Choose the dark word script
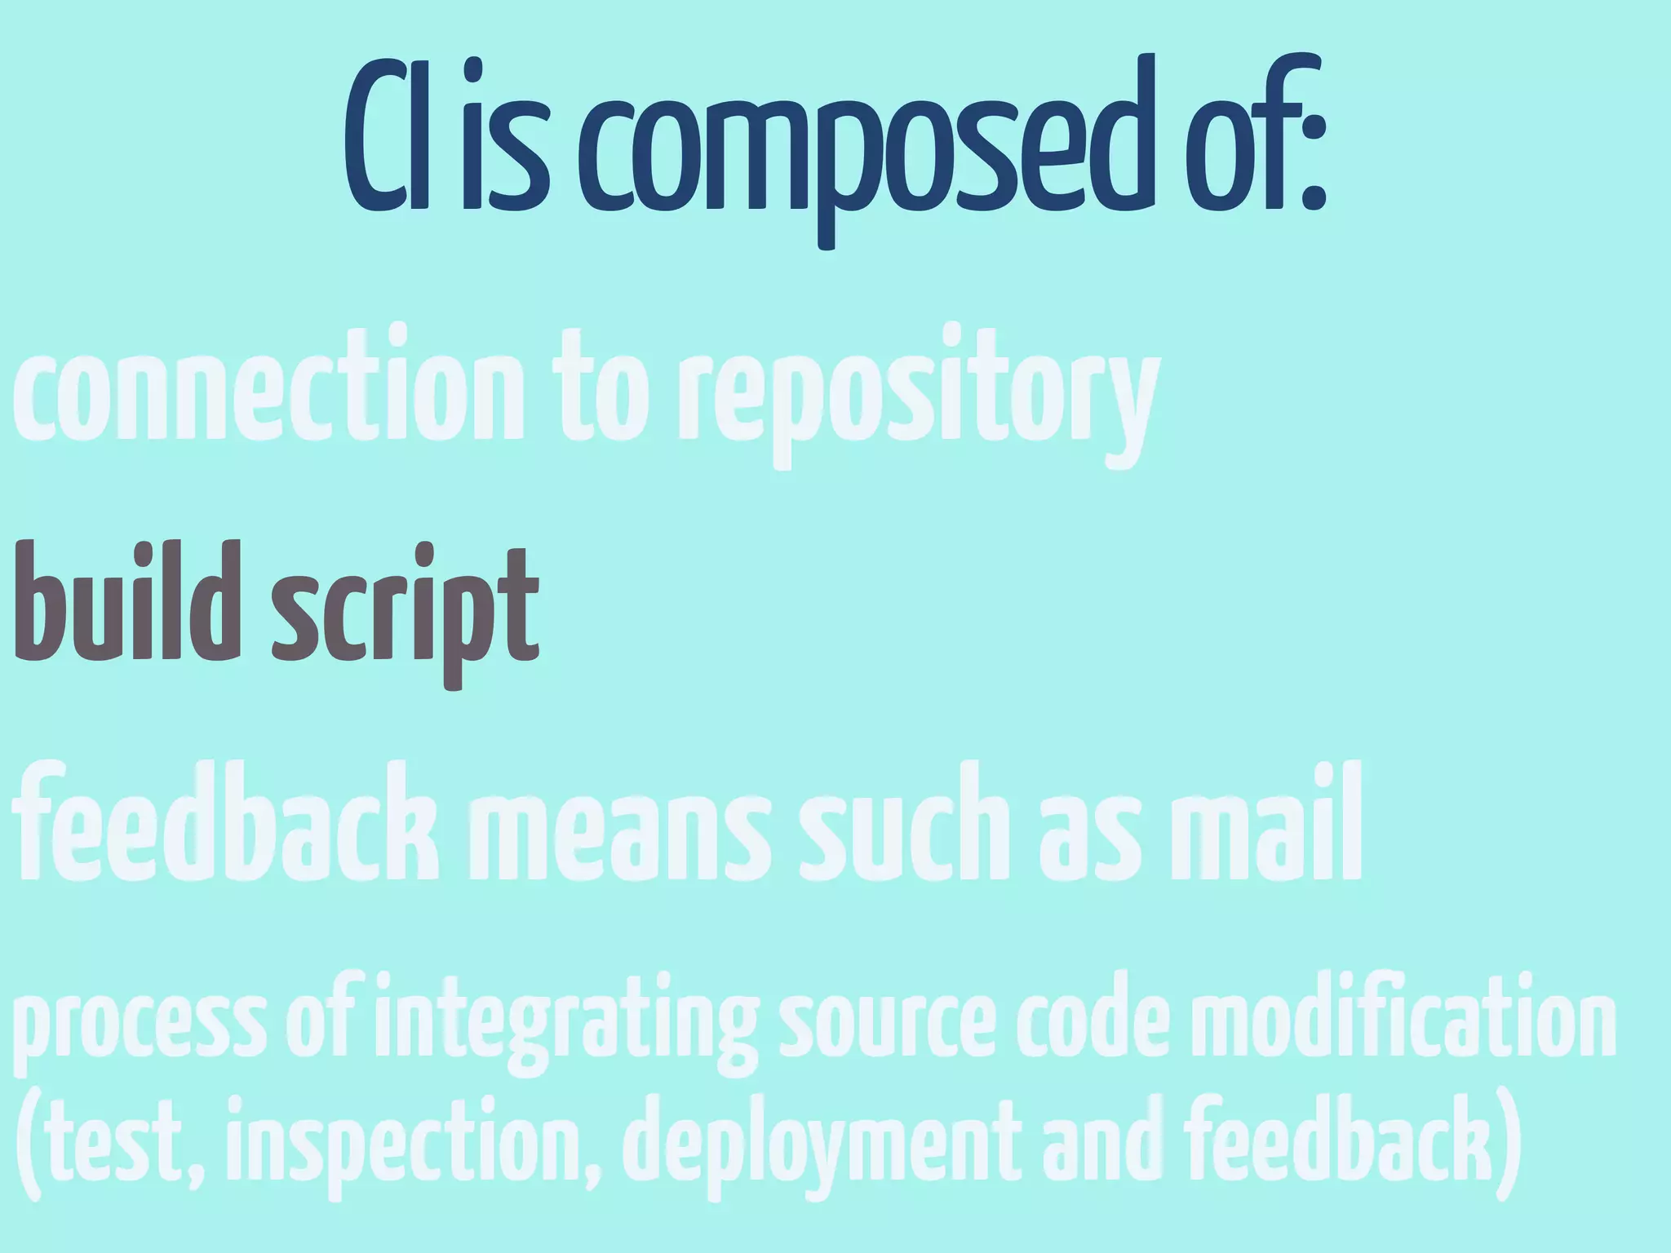pyautogui.click(x=405, y=612)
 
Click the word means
pyautogui.click(x=620, y=832)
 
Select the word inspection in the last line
pyautogui.click(x=411, y=1146)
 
